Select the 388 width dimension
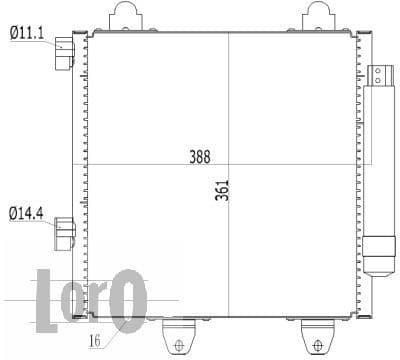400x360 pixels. click(x=201, y=157)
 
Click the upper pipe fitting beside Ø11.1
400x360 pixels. click(x=65, y=53)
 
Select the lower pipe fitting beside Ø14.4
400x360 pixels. click(x=65, y=231)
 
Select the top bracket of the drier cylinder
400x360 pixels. click(x=380, y=75)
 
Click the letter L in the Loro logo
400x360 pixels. click(x=47, y=300)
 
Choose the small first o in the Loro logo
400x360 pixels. click(x=74, y=305)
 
